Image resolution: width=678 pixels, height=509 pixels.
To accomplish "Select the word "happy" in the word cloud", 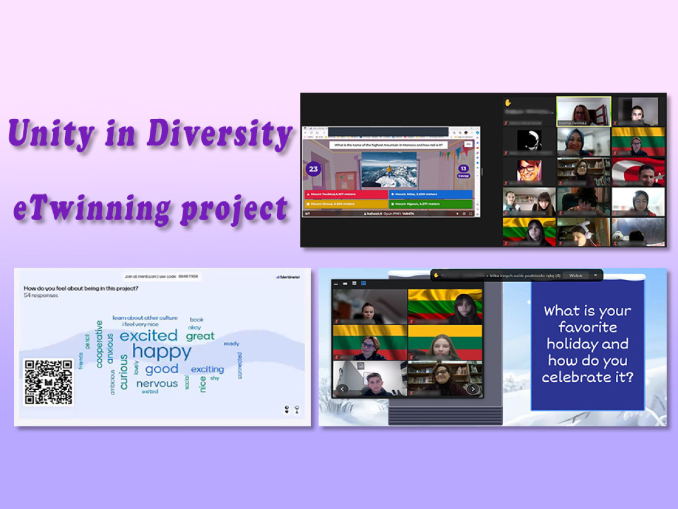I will [x=162, y=352].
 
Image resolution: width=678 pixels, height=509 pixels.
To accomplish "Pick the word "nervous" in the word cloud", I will [x=157, y=383].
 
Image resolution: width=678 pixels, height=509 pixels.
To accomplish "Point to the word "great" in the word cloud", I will [x=201, y=336].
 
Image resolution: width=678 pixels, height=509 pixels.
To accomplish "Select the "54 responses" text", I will [x=41, y=295].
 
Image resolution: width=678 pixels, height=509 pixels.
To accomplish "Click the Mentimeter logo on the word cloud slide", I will [x=289, y=277].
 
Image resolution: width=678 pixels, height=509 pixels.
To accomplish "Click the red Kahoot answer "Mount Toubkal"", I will [x=345, y=194].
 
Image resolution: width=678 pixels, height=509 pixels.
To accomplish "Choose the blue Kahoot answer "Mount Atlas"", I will [x=431, y=194].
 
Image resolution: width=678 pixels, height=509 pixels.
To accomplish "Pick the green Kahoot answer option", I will [x=431, y=204].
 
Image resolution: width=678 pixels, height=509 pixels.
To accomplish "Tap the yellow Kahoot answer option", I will [x=345, y=204].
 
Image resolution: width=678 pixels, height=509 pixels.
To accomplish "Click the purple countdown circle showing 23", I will [x=313, y=169].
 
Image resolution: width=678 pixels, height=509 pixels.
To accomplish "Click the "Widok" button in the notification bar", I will [x=576, y=275].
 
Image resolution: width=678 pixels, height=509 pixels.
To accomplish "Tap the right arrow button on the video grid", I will [x=473, y=389].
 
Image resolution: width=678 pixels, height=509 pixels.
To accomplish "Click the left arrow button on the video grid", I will [x=342, y=389].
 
